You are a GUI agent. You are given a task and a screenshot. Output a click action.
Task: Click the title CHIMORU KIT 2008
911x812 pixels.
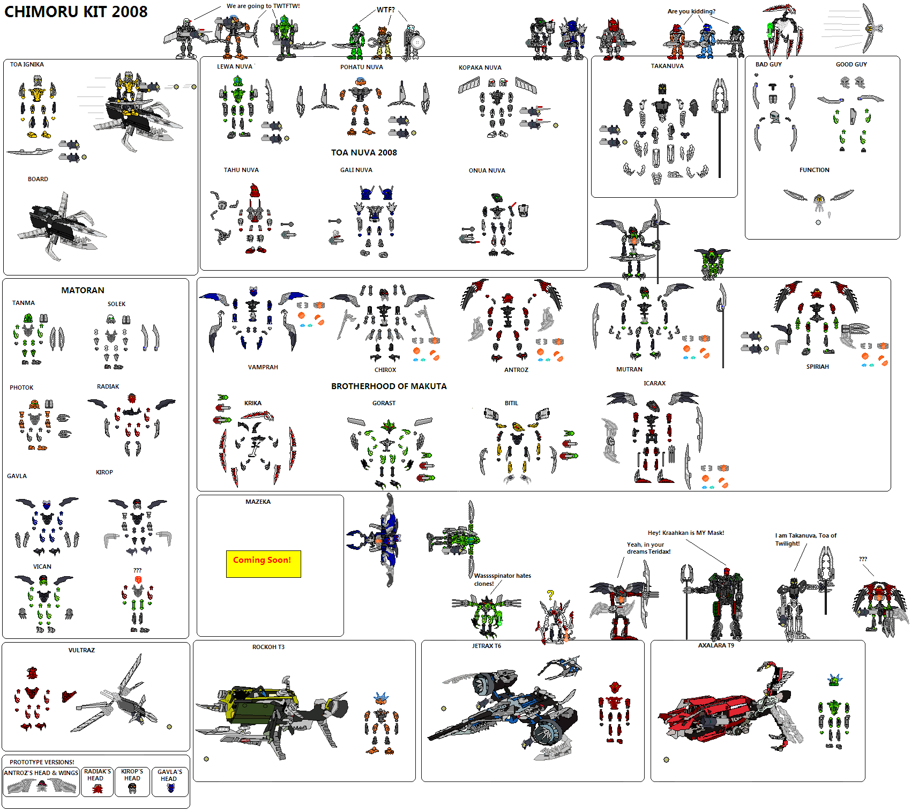[76, 12]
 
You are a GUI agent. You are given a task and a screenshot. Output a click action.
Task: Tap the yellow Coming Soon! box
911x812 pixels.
[263, 564]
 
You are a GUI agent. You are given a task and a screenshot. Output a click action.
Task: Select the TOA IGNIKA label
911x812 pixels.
[27, 64]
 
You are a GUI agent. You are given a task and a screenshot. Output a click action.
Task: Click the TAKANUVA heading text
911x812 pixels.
[667, 66]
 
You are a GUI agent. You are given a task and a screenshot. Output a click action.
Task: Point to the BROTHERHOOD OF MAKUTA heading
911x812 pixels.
[389, 386]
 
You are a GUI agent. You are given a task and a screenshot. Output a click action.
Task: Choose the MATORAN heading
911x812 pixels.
[83, 290]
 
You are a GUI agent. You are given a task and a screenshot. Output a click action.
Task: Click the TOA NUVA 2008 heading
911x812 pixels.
[364, 152]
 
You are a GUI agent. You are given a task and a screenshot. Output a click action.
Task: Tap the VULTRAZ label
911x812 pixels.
[81, 650]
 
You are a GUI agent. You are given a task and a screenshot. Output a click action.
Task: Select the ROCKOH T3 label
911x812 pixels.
[268, 647]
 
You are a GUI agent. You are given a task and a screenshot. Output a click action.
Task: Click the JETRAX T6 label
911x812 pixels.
[487, 646]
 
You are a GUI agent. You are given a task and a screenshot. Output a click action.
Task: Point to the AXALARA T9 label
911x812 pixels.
[716, 645]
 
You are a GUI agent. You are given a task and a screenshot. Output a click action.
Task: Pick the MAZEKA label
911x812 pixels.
[258, 502]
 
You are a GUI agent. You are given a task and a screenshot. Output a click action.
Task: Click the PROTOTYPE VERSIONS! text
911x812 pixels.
[42, 762]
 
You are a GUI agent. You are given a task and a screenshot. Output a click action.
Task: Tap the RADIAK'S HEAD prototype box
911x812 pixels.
[97, 782]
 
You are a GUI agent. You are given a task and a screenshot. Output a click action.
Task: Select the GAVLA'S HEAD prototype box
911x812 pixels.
[170, 782]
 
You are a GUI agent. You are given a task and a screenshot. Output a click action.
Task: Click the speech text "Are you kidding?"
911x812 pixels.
[691, 11]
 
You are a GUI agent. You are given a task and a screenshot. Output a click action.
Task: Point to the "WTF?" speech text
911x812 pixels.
[386, 10]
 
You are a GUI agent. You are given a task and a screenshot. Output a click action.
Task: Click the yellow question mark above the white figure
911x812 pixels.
[550, 594]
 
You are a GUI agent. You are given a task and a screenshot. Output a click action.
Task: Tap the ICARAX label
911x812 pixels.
[654, 383]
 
